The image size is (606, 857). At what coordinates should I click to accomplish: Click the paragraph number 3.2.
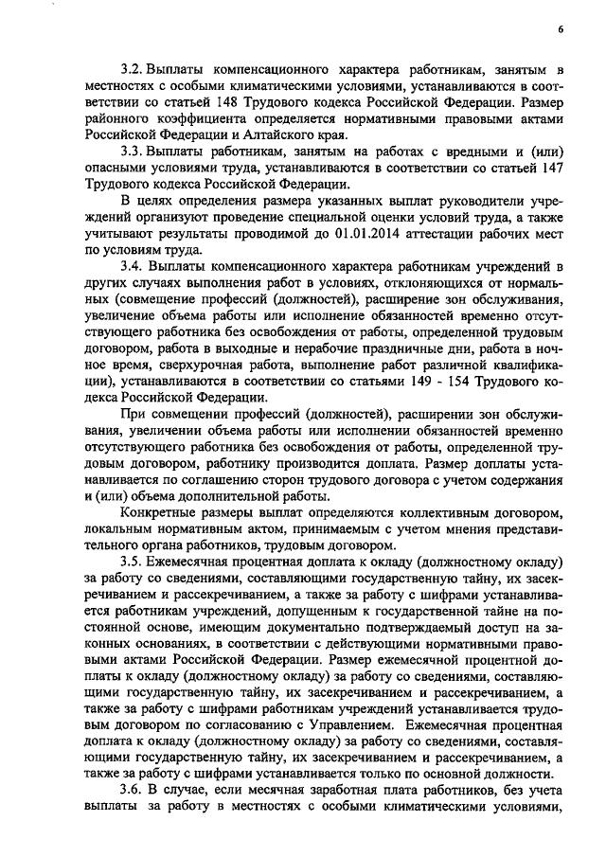[x=131, y=70]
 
